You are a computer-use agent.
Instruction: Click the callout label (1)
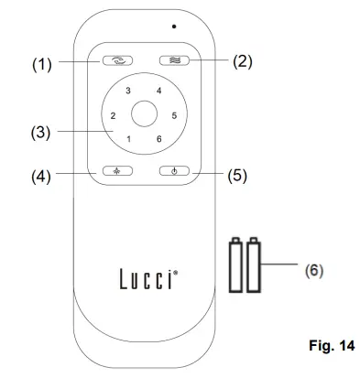pos(42,64)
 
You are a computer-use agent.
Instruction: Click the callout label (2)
pos(243,61)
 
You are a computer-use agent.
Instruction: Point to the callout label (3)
pos(40,133)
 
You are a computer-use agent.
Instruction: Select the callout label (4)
pos(41,177)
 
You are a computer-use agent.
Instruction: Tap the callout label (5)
pos(237,176)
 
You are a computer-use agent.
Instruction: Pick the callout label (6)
pos(314,270)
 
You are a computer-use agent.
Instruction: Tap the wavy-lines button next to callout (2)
pos(174,60)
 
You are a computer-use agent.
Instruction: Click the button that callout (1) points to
pos(117,60)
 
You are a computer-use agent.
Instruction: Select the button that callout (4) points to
pos(117,171)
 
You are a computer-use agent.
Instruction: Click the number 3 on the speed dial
pos(128,91)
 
